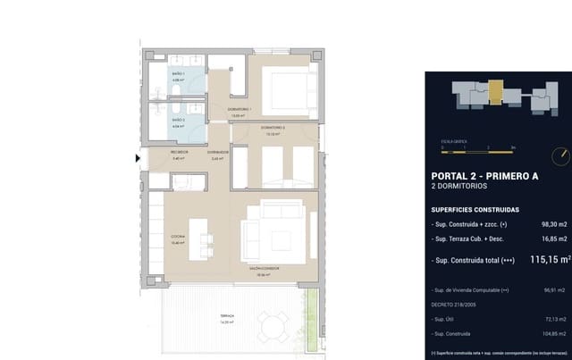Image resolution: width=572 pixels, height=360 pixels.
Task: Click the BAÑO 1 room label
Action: point(177,75)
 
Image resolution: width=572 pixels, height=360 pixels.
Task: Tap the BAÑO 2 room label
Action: point(177,119)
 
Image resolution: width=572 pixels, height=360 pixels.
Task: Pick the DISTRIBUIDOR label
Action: point(218,152)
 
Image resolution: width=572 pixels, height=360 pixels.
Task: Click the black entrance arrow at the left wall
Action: point(137,159)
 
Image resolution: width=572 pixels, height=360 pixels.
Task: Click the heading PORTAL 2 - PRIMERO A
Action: point(484,176)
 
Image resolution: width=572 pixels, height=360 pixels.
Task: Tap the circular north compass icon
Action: point(558,156)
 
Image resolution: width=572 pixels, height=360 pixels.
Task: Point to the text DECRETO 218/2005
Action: point(458,304)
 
